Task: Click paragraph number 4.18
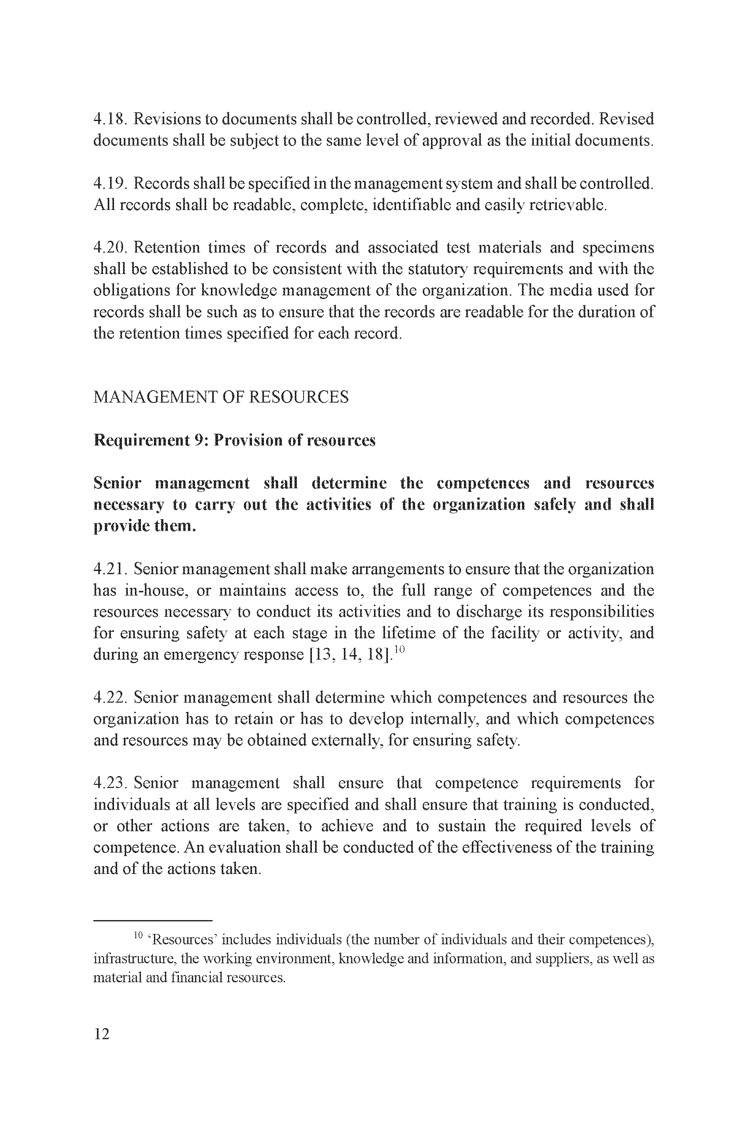coord(109,119)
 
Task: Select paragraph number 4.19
coord(109,183)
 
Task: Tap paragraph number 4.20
coord(109,248)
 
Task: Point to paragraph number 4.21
coord(110,569)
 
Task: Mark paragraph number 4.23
coord(110,783)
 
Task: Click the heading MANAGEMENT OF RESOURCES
coord(221,397)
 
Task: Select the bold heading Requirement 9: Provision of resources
coord(234,440)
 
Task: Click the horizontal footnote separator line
coord(153,921)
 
